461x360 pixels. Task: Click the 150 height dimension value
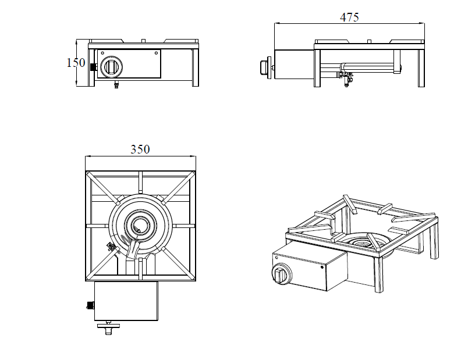pyautogui.click(x=76, y=63)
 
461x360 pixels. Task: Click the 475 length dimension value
pyautogui.click(x=349, y=17)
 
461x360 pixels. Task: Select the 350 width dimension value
pyautogui.click(x=140, y=149)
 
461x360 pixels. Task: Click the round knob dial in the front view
pyautogui.click(x=111, y=67)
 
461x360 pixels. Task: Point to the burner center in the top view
pyautogui.click(x=140, y=226)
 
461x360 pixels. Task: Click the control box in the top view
pyautogui.click(x=126, y=301)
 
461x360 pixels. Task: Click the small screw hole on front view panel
pyautogui.click(x=157, y=53)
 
